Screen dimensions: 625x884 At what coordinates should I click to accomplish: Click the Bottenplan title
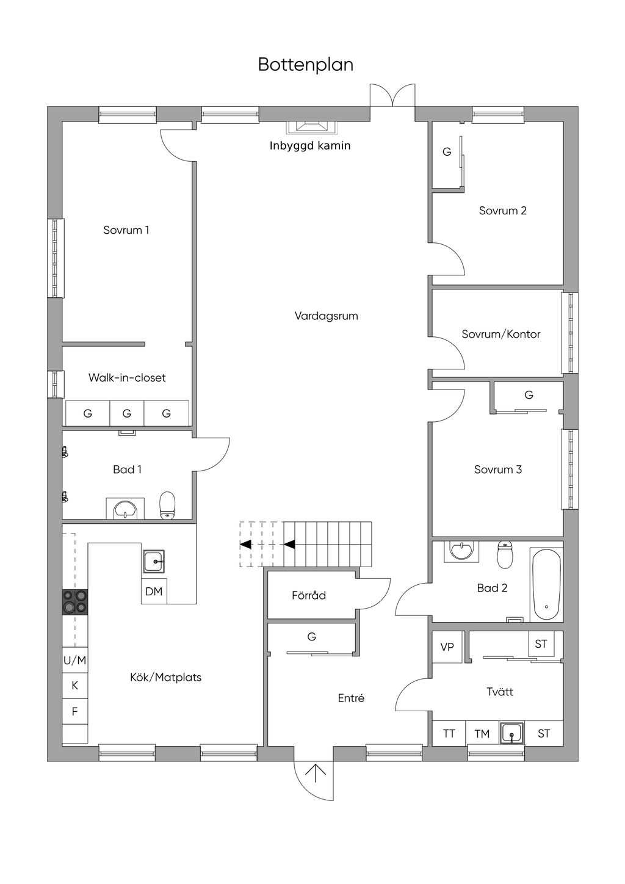(305, 65)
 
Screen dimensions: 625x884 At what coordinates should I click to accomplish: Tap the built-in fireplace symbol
(312, 127)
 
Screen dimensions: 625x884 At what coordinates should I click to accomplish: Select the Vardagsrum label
(327, 316)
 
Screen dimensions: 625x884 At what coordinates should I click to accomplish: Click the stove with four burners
(75, 602)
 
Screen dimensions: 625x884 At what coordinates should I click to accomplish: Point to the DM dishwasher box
(154, 591)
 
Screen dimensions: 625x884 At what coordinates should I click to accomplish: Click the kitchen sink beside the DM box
(154, 562)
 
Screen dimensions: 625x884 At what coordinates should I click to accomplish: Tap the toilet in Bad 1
(167, 505)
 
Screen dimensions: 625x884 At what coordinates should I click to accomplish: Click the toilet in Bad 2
(505, 555)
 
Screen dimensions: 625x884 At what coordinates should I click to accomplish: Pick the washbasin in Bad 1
(125, 509)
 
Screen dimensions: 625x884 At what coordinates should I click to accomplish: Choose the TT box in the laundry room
(449, 734)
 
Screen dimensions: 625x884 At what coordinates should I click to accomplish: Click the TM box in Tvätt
(482, 734)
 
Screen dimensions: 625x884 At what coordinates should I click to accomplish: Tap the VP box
(447, 647)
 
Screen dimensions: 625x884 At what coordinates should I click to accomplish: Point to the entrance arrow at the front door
(316, 774)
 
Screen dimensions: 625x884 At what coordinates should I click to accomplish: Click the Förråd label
(309, 595)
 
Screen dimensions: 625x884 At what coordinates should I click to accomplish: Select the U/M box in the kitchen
(75, 660)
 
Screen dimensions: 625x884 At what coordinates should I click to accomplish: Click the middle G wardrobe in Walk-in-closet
(127, 413)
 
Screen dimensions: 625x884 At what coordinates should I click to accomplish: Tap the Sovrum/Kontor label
(501, 335)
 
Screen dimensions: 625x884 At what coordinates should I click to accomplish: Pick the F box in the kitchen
(75, 712)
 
